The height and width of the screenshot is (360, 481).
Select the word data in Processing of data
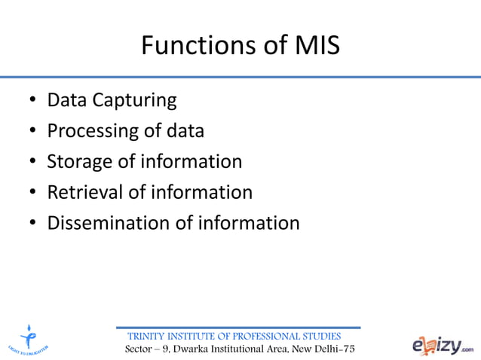click(x=186, y=131)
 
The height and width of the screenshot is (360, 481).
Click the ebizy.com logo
click(x=444, y=345)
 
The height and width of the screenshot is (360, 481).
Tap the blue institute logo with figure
click(x=30, y=340)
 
